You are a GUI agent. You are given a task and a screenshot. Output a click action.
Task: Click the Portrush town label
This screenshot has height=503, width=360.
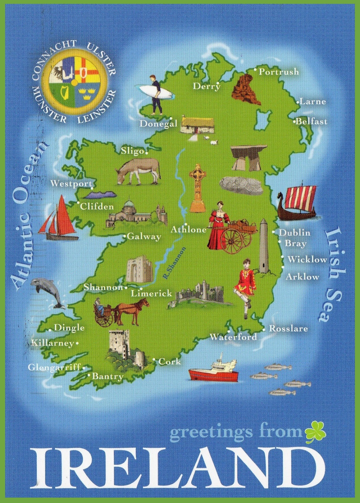point(279,72)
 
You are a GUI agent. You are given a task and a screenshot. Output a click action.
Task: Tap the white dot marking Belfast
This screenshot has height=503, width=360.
point(295,121)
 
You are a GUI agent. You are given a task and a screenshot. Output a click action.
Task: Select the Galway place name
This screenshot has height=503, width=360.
point(144,237)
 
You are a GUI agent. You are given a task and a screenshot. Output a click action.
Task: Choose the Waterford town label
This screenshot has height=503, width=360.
point(233,337)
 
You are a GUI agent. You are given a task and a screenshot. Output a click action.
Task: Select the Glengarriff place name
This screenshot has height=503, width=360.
point(54,368)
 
